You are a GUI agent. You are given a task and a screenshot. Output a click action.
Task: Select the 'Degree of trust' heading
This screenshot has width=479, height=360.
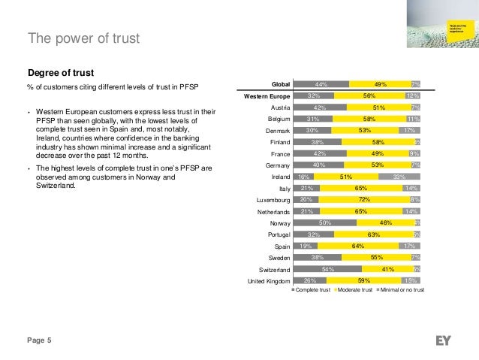tap(60, 73)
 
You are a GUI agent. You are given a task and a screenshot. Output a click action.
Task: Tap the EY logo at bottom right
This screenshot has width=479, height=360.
tap(443, 340)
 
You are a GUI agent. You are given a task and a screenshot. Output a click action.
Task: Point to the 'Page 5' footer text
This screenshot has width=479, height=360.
tap(39, 341)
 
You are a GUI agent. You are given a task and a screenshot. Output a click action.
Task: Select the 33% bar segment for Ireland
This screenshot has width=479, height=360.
tap(399, 178)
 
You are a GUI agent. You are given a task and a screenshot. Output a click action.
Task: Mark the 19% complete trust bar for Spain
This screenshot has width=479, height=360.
tap(306, 246)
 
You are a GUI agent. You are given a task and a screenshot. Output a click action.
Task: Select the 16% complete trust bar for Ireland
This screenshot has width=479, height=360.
tap(303, 178)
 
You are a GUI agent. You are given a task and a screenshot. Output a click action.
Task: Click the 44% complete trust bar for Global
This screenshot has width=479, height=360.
tap(321, 83)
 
